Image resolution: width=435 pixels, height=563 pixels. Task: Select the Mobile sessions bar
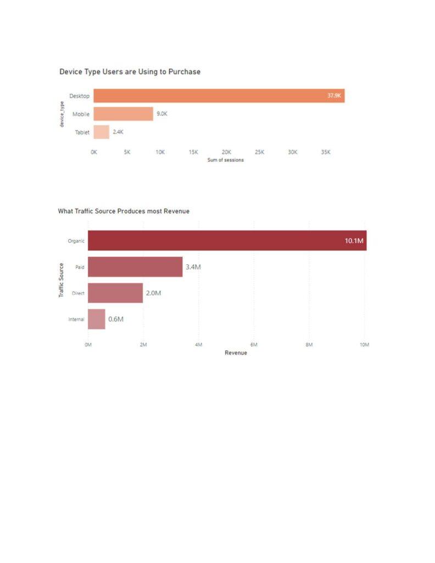tap(123, 114)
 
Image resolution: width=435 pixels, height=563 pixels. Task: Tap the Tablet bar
tap(101, 132)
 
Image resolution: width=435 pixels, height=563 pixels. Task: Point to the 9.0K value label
tap(162, 114)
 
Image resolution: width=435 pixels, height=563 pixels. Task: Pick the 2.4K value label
tap(118, 132)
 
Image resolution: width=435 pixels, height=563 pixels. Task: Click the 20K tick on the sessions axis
tap(226, 152)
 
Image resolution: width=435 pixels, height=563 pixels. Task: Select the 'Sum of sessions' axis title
tap(226, 160)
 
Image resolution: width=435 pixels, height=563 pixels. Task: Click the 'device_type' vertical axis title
tap(63, 114)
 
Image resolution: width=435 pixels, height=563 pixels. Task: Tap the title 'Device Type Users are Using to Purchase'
tap(130, 71)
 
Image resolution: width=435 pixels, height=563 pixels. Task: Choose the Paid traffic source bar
tap(135, 267)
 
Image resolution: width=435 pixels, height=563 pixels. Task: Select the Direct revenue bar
tap(115, 293)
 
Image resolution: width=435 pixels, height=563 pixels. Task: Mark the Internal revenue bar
tap(97, 319)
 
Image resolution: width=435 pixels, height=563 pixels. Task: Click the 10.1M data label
tap(354, 241)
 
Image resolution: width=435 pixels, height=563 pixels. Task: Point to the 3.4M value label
tap(193, 267)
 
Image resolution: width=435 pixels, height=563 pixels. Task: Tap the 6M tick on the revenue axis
tap(254, 345)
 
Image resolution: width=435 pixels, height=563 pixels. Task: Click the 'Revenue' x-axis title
tap(236, 353)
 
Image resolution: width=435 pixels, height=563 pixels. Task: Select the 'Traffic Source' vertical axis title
tap(61, 280)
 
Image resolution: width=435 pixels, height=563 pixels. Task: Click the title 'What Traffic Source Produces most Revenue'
tap(124, 211)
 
